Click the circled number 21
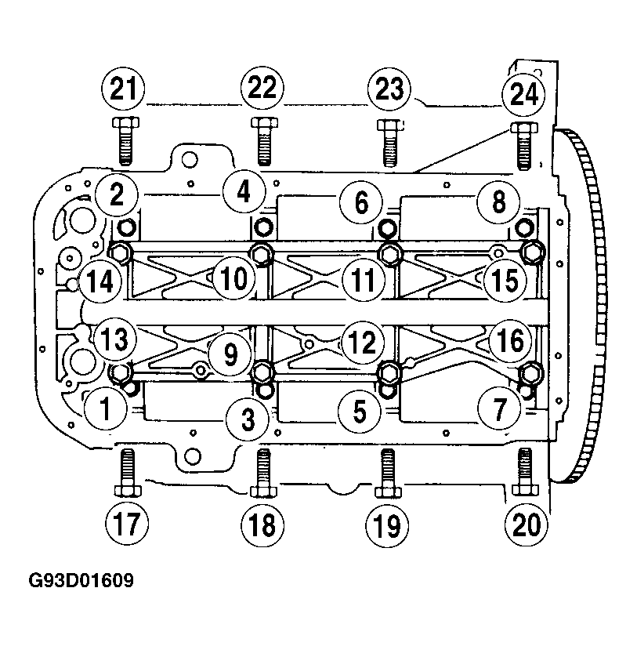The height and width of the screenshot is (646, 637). (123, 89)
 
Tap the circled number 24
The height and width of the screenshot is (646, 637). (523, 94)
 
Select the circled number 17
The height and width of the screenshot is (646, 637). (127, 524)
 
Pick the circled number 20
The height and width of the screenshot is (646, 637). (527, 524)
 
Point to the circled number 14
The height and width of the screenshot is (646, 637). (100, 281)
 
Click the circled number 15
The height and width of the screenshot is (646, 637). (505, 280)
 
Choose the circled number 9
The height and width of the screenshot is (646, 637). (230, 354)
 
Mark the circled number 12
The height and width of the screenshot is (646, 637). (362, 342)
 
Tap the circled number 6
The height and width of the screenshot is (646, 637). (360, 202)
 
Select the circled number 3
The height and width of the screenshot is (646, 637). (248, 419)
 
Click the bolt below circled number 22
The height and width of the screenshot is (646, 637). (264, 141)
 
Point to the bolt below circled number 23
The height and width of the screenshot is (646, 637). (390, 143)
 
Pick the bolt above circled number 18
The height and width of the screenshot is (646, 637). (263, 473)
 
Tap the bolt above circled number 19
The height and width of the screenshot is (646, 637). (388, 473)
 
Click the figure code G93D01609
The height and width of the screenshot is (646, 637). (81, 580)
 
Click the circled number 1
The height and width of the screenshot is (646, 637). (106, 408)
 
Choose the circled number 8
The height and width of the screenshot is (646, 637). (498, 202)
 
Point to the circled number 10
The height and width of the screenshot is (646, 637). (233, 278)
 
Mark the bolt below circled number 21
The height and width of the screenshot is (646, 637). (125, 141)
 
